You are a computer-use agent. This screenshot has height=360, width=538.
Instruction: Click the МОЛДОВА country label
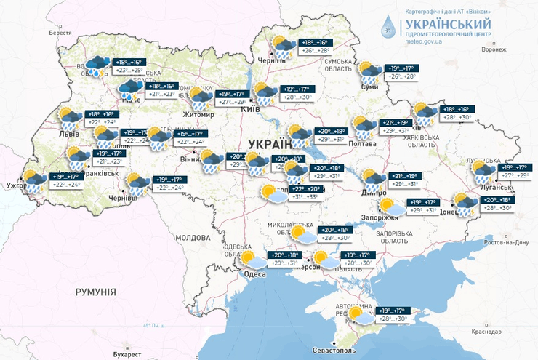click(x=192, y=238)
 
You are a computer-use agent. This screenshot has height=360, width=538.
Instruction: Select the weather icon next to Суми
click(x=369, y=71)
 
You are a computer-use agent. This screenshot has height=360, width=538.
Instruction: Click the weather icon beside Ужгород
click(x=33, y=179)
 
